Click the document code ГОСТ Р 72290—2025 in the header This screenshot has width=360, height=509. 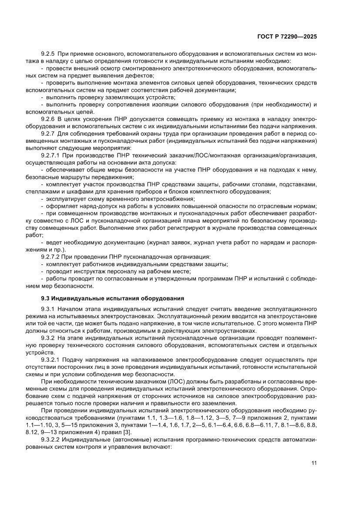click(x=286, y=37)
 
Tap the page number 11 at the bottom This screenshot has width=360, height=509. click(x=313, y=463)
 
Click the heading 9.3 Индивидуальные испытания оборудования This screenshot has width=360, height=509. click(x=112, y=298)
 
